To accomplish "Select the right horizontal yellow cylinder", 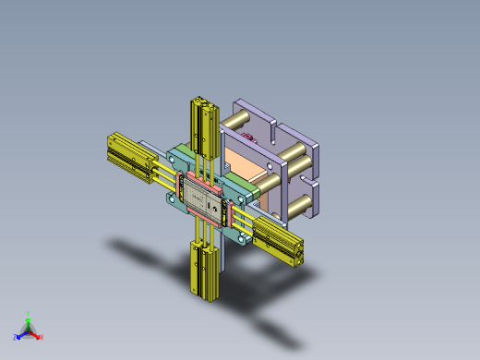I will (278, 241).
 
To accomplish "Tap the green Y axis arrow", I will (28, 319).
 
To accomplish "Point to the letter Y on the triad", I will (29, 313).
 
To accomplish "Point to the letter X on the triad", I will (42, 337).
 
